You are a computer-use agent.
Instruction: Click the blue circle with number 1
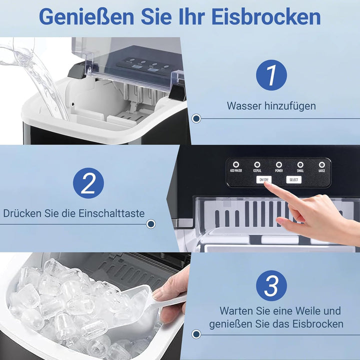point(271,76)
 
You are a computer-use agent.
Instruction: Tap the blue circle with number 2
point(88,183)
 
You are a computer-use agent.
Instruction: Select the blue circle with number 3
point(271,286)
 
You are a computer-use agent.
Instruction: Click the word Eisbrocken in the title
point(266,16)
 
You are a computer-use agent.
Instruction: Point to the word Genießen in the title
point(86,16)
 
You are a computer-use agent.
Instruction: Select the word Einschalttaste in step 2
point(112,213)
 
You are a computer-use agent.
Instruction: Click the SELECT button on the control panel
point(294,179)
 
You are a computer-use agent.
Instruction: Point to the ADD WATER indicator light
point(235,164)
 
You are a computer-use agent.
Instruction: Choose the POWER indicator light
point(279,164)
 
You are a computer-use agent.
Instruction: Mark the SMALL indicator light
point(300,164)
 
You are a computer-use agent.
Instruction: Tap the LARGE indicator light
point(322,164)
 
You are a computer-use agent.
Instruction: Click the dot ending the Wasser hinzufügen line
point(196,119)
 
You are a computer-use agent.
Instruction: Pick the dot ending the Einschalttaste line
point(150,224)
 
